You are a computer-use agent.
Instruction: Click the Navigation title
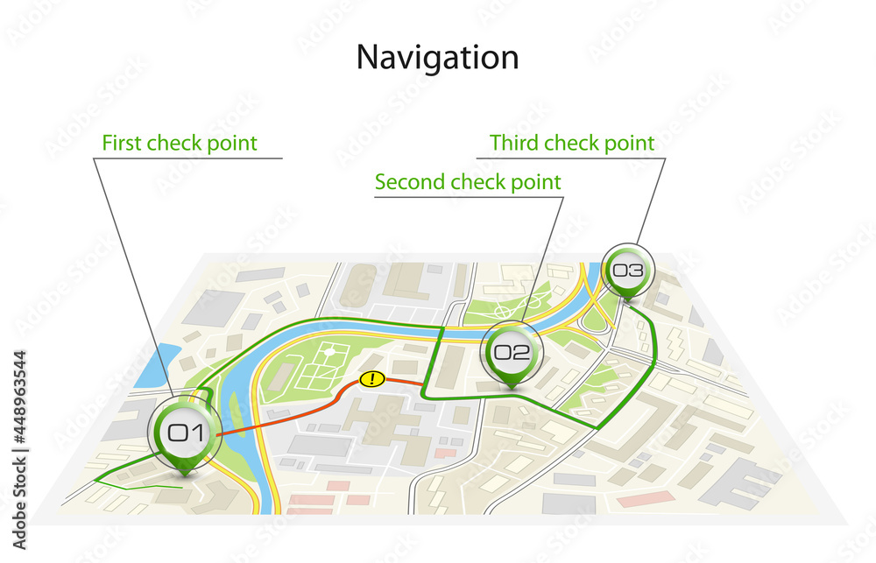(x=437, y=58)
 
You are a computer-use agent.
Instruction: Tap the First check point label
(x=180, y=143)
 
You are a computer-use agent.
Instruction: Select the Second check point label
(x=468, y=182)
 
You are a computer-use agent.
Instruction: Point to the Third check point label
(x=572, y=143)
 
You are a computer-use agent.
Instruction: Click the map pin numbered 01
(x=185, y=433)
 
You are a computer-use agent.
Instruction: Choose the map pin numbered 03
(x=628, y=271)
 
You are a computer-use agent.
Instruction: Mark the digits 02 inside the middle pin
(x=512, y=353)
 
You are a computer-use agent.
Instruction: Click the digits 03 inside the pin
(x=628, y=270)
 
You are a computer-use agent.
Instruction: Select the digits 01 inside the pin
(x=185, y=432)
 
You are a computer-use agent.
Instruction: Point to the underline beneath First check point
(x=187, y=158)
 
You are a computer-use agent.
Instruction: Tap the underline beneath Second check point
(x=468, y=196)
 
